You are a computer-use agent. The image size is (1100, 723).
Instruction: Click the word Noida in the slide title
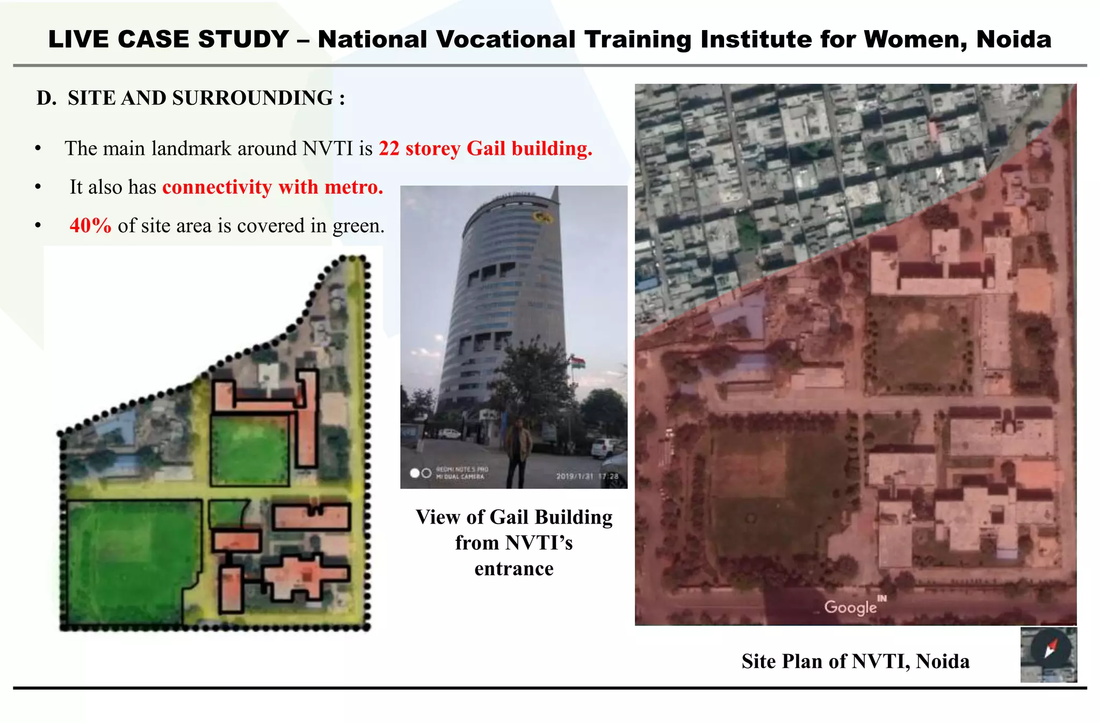(1014, 39)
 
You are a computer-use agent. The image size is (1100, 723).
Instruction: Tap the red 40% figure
(90, 225)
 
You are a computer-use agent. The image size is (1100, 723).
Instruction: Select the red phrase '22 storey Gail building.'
(485, 148)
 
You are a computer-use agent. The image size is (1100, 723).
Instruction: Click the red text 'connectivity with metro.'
(272, 187)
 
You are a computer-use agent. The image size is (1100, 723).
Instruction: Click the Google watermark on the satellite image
(851, 607)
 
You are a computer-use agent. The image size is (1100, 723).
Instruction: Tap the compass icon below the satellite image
(1049, 654)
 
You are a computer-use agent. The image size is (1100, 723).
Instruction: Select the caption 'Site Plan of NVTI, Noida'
(855, 661)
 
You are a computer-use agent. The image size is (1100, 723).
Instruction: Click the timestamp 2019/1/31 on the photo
(575, 476)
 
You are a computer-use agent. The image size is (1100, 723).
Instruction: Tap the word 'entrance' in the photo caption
(513, 569)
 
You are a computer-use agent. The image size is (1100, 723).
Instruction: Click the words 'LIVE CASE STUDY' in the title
(169, 39)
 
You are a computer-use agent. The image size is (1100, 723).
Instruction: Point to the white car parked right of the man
(606, 447)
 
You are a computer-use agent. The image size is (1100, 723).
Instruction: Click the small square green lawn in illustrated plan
(249, 450)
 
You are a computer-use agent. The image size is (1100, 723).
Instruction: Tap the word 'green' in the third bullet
(356, 226)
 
